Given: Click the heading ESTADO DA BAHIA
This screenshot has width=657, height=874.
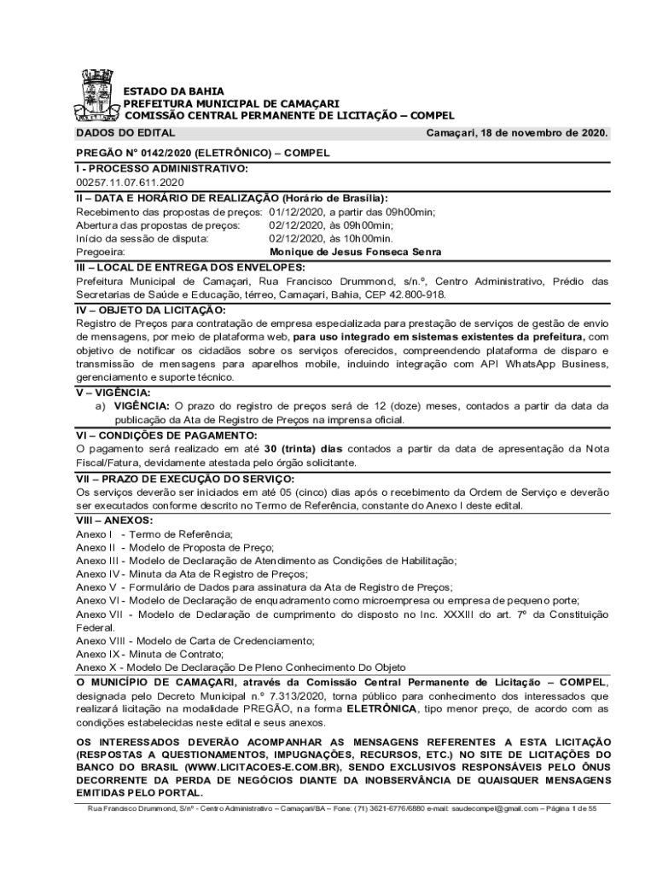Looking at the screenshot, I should [174, 90].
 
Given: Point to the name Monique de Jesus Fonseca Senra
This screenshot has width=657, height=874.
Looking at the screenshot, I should [355, 253].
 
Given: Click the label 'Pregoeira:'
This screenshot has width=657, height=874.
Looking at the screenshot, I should [101, 253].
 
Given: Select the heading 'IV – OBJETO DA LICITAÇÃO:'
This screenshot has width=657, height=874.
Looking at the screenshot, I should [151, 310].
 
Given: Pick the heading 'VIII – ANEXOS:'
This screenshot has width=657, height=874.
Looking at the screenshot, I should [115, 520].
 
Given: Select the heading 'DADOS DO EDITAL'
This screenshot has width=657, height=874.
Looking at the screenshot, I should [125, 133].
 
